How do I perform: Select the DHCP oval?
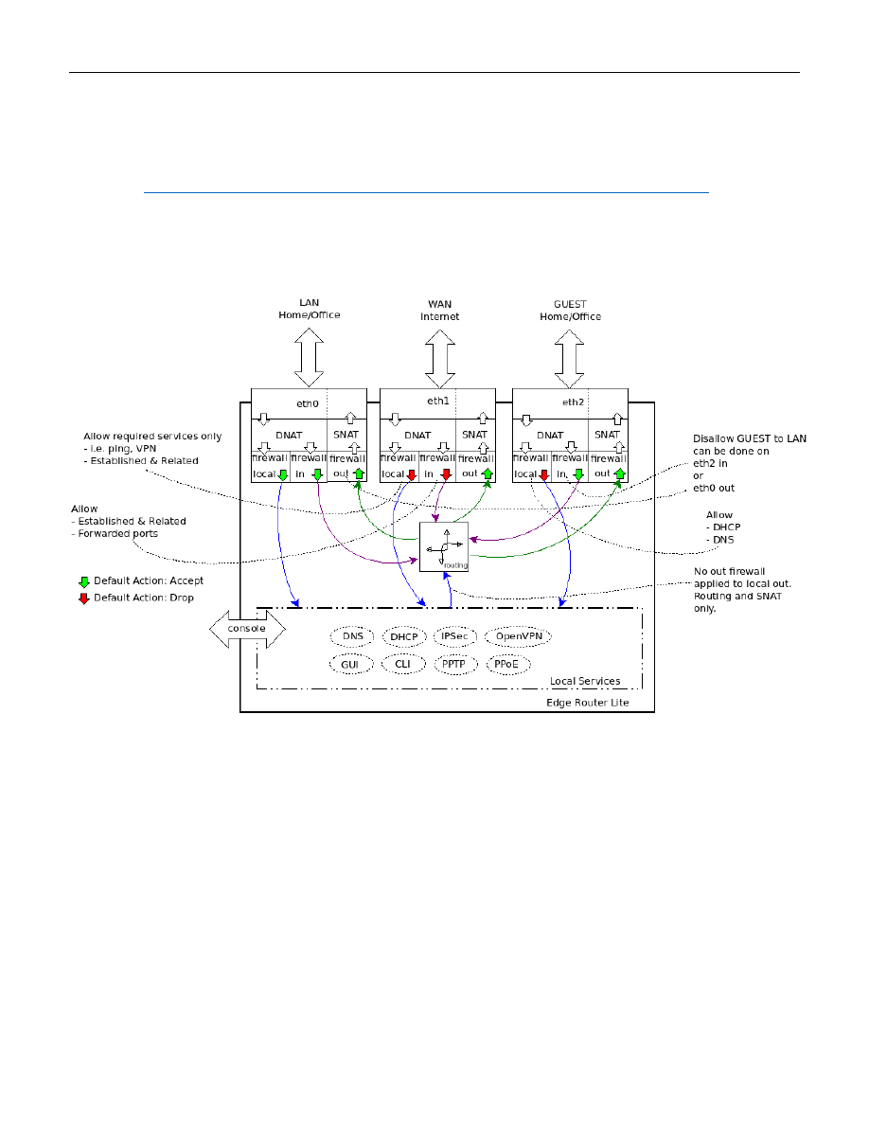coord(404,636)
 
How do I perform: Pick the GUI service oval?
coord(351,665)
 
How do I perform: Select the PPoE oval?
coord(506,665)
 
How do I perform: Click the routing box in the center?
coord(443,546)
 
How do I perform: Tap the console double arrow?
coord(246,630)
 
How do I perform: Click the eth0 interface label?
coord(308,403)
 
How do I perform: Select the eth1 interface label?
coord(437,401)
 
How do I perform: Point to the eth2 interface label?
coord(574,402)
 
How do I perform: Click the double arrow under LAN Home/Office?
coord(310,359)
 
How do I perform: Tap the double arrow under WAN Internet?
coord(439,359)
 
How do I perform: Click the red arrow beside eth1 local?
coord(412,473)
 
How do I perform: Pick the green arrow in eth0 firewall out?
coord(359,473)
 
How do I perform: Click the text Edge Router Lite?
coord(587,703)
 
